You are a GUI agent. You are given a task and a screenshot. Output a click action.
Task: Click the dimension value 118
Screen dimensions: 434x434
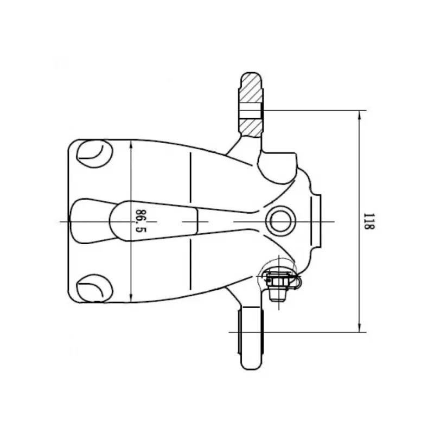pos(369,221)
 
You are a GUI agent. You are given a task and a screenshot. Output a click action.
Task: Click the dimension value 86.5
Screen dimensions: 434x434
pos(141,221)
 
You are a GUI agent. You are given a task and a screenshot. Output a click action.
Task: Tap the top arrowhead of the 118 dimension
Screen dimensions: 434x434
pos(359,115)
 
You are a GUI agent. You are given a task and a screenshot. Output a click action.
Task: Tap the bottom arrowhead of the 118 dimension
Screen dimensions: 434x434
pos(359,328)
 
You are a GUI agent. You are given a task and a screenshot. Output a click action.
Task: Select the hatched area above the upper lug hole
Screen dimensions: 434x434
pos(251,88)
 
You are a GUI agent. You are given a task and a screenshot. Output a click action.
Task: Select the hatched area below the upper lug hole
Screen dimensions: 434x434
pos(251,127)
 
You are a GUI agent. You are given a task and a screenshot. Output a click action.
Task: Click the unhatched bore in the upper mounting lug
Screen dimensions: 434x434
pos(251,111)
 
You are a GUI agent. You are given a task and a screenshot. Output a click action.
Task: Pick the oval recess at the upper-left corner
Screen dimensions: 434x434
pos(94,154)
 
